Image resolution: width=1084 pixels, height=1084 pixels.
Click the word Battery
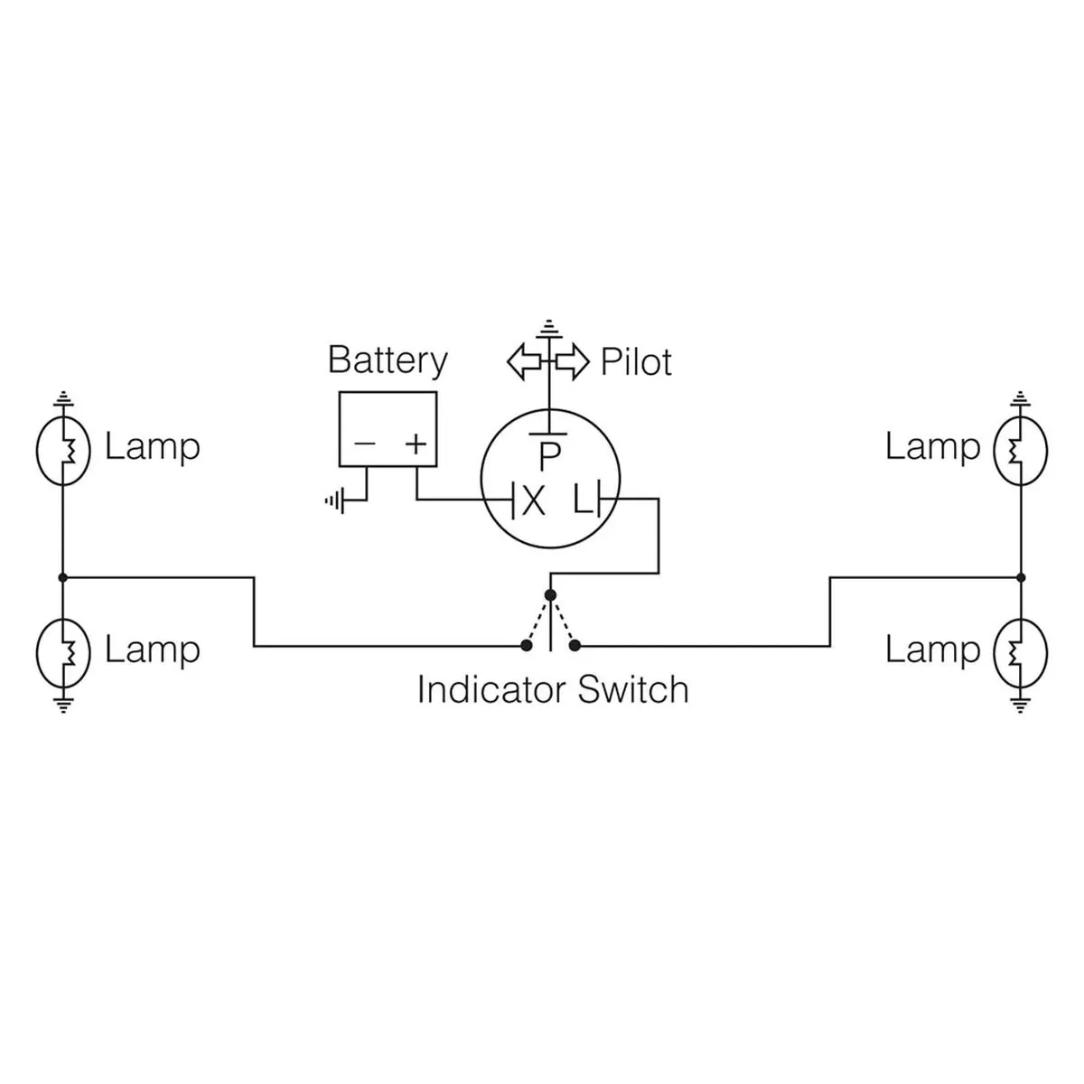pos(388,360)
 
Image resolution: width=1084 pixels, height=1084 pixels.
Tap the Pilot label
pos(636,362)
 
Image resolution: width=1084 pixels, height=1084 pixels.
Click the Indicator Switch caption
pos(552,689)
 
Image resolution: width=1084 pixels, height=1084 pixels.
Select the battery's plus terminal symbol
pos(415,444)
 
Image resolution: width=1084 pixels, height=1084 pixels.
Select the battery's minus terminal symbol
pos(365,444)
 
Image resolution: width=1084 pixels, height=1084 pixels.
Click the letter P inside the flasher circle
pos(549,457)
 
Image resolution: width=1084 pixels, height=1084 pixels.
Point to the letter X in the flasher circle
pos(533,500)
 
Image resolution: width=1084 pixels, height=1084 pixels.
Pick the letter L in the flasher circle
pos(583,500)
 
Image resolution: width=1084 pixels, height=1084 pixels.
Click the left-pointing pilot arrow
pos(524,361)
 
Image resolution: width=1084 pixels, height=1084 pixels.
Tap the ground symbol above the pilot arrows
pos(547,326)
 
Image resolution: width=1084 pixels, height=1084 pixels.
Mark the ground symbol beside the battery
pos(334,500)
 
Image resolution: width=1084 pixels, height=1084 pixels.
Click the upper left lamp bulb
pos(63,448)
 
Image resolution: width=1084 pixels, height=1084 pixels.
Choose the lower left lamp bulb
pos(63,651)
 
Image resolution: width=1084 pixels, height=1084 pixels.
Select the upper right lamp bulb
pos(1020,448)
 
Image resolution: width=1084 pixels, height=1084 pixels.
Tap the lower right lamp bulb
pos(1020,651)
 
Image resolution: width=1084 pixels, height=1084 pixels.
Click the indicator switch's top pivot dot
pos(550,594)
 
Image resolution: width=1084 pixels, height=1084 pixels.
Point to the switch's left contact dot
pos(526,645)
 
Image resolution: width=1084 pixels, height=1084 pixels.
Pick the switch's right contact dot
pos(575,645)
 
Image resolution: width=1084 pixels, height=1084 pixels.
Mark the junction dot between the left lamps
pos(63,576)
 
